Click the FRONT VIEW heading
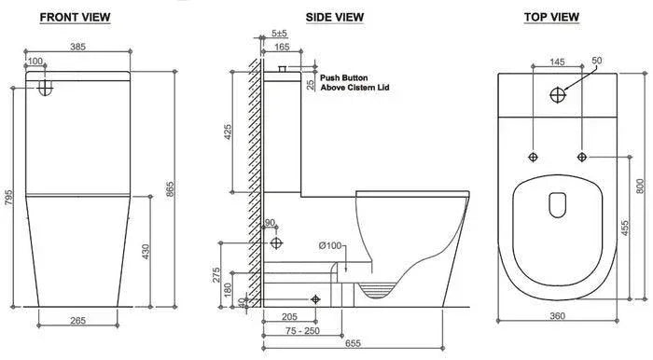[x=75, y=18]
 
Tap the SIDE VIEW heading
[x=334, y=18]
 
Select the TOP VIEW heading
[x=551, y=17]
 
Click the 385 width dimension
[x=77, y=47]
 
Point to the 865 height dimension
[x=170, y=189]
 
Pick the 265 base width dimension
[x=77, y=321]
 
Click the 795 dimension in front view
[x=8, y=198]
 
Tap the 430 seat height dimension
[x=146, y=252]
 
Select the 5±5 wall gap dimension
[x=279, y=33]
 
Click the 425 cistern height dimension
[x=228, y=132]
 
